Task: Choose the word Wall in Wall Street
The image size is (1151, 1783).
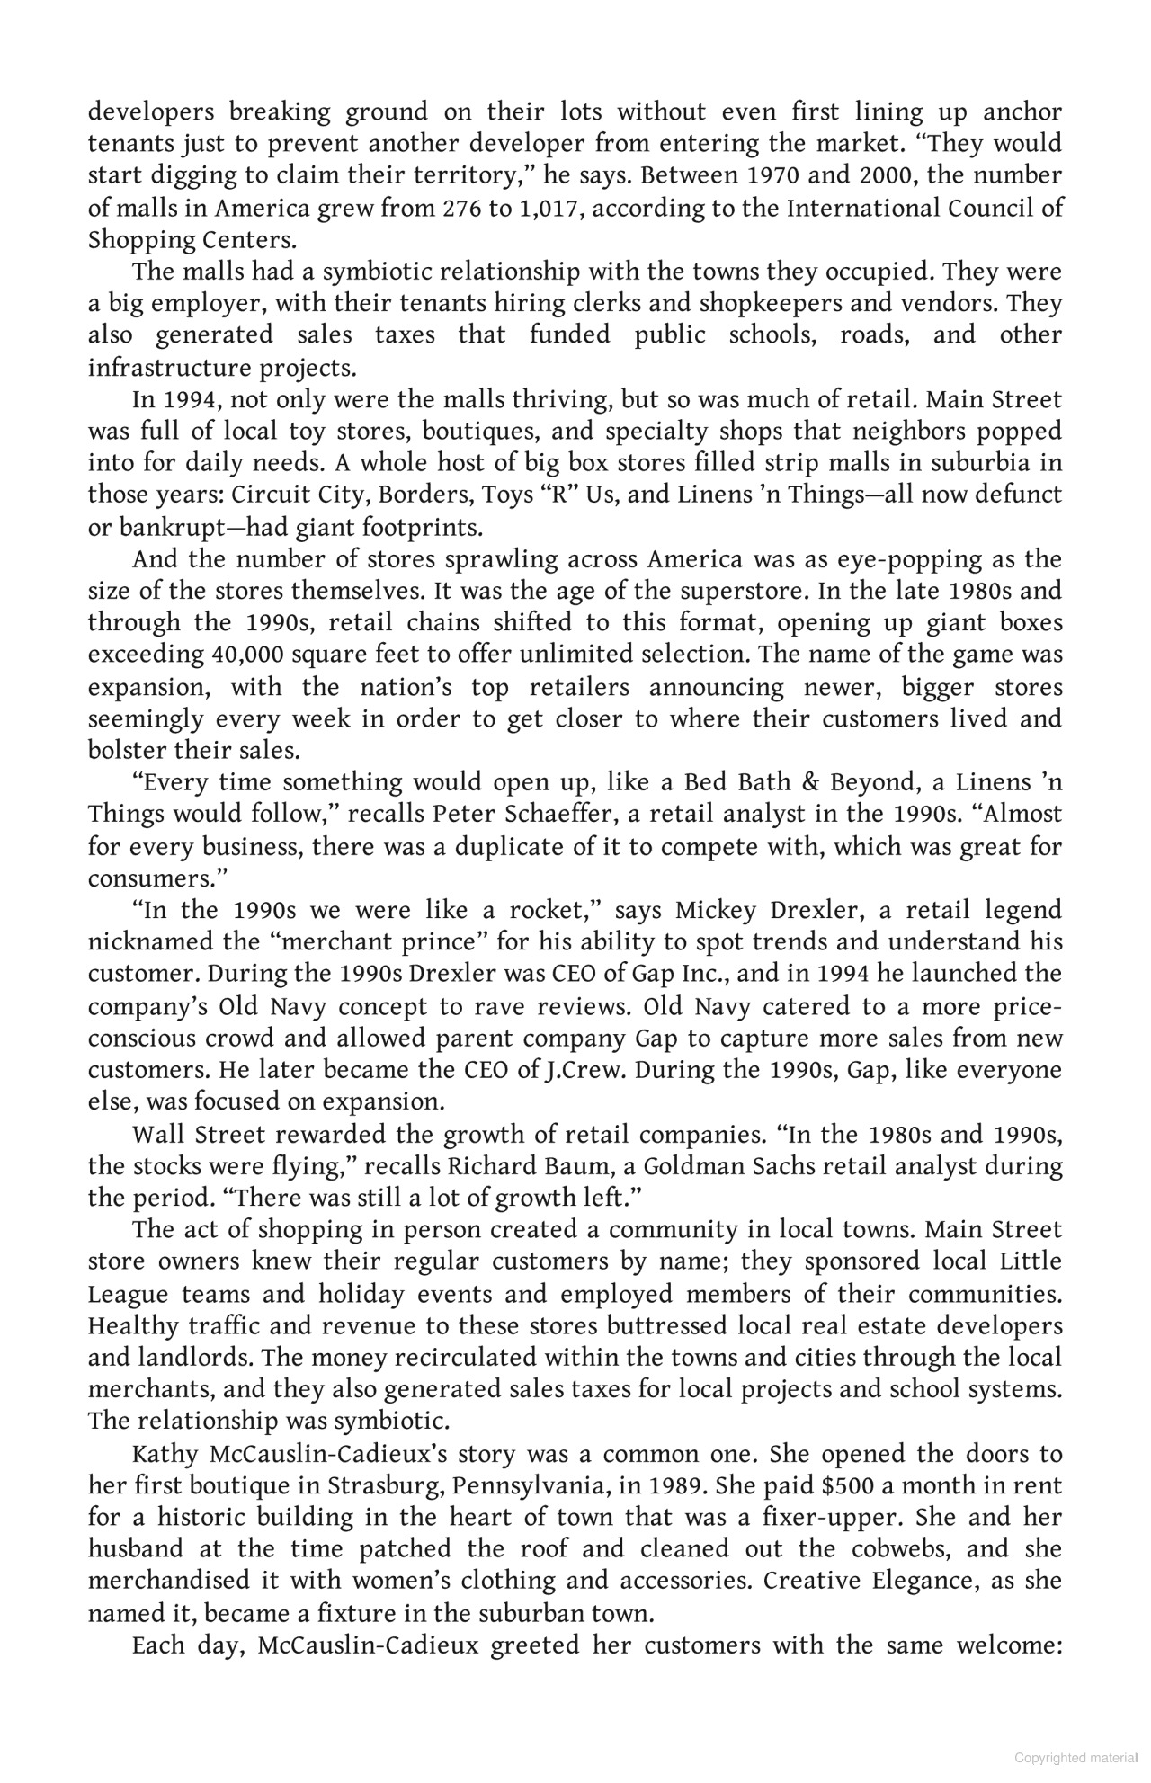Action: click(157, 1135)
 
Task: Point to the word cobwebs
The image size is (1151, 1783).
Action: click(953, 1549)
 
